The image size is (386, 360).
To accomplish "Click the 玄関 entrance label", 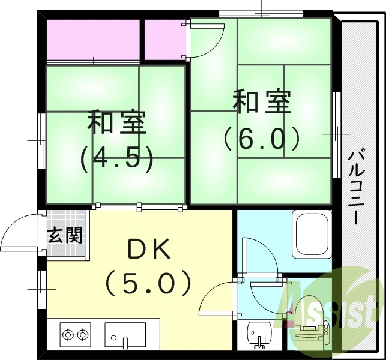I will coord(66,235).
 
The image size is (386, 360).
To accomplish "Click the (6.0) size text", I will coord(261,139).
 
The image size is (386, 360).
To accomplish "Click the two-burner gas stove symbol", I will coord(75,334).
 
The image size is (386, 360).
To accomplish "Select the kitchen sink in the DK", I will coord(125,334).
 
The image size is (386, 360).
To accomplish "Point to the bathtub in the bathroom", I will coord(311,235).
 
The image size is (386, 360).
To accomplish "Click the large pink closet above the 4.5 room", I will coord(92,39).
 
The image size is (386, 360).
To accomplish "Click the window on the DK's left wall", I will coord(41,289).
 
